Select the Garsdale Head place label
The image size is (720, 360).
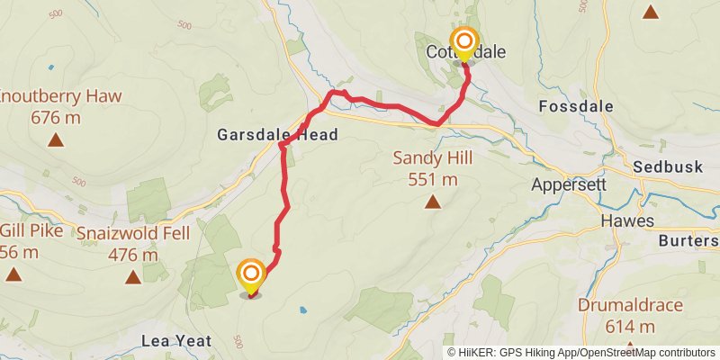277,135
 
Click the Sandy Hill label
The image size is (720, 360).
433,158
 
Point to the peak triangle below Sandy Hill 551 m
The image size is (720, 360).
433,202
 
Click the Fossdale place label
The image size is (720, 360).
576,106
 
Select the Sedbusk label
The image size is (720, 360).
667,167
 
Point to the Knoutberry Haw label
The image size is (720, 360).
60,96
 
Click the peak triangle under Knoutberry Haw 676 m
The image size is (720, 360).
57,139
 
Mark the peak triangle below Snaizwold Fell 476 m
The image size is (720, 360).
133,276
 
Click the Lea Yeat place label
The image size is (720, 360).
176,340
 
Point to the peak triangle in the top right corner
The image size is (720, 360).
650,12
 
